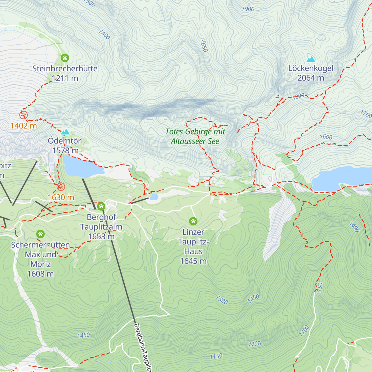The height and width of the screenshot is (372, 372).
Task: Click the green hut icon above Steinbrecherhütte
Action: pyautogui.click(x=65, y=58)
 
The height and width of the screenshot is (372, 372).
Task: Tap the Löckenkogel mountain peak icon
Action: pyautogui.click(x=311, y=59)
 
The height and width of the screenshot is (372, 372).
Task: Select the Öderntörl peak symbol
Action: pyautogui.click(x=65, y=132)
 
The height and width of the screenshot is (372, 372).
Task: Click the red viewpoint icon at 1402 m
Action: pyautogui.click(x=23, y=115)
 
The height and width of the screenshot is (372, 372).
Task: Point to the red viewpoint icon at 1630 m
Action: pyautogui.click(x=61, y=187)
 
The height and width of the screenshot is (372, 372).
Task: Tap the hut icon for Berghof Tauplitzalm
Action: pyautogui.click(x=101, y=206)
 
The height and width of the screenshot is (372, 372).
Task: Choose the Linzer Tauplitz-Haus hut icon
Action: pyautogui.click(x=193, y=221)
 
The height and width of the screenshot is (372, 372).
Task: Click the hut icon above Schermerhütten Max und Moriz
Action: pyautogui.click(x=40, y=234)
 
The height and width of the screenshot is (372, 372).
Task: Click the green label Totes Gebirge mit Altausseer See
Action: pyautogui.click(x=195, y=136)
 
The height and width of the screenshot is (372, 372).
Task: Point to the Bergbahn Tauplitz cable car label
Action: pyautogui.click(x=142, y=347)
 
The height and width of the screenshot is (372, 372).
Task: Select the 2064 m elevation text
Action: pyautogui.click(x=311, y=78)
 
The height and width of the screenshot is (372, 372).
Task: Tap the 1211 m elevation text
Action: pyautogui.click(x=65, y=78)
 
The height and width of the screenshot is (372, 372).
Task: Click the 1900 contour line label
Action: pyautogui.click(x=248, y=9)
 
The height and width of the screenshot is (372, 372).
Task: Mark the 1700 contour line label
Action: pyautogui.click(x=366, y=114)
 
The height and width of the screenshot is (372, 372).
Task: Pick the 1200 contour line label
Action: pyautogui.click(x=255, y=344)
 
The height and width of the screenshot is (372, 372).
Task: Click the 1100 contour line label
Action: pyautogui.click(x=304, y=331)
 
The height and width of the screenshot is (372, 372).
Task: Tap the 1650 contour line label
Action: pyautogui.click(x=204, y=46)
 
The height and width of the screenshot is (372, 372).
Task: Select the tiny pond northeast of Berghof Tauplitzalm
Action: pyautogui.click(x=154, y=197)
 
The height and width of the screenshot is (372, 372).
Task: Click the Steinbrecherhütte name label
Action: pyautogui.click(x=65, y=69)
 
